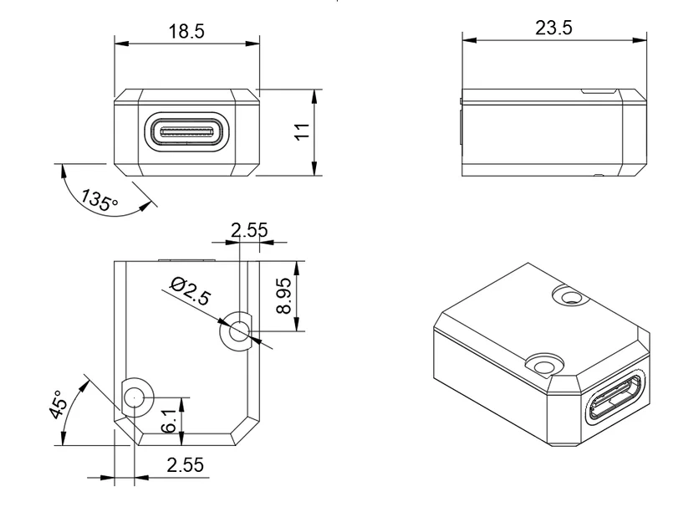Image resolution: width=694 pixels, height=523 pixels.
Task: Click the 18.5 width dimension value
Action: coord(186,32)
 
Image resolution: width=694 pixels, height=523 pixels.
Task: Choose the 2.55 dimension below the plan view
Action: coord(184,465)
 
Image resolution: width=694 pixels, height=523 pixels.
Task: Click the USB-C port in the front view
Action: coord(186,132)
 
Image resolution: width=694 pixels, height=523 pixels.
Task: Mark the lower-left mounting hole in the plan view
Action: coord(135,397)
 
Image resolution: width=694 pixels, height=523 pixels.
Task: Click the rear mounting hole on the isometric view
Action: coord(571,296)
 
